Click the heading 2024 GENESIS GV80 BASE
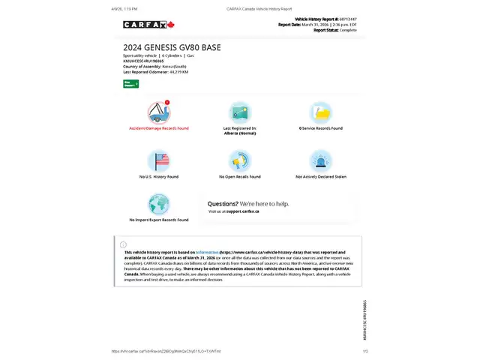(x=172, y=47)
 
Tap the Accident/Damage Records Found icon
(x=158, y=112)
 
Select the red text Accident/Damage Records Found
(x=158, y=128)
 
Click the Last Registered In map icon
(x=239, y=112)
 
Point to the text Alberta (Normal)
(x=239, y=133)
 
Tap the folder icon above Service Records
(x=320, y=112)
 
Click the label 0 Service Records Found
(x=320, y=128)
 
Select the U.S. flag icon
(x=158, y=160)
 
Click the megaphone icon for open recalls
(x=239, y=160)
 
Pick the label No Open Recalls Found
(x=239, y=176)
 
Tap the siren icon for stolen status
(x=320, y=160)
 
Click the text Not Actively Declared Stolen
(x=320, y=176)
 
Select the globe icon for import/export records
(x=158, y=204)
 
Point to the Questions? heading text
(x=223, y=203)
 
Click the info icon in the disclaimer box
(x=123, y=244)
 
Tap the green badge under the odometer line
(x=130, y=83)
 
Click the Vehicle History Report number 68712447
(x=347, y=18)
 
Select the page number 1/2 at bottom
(x=365, y=351)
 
